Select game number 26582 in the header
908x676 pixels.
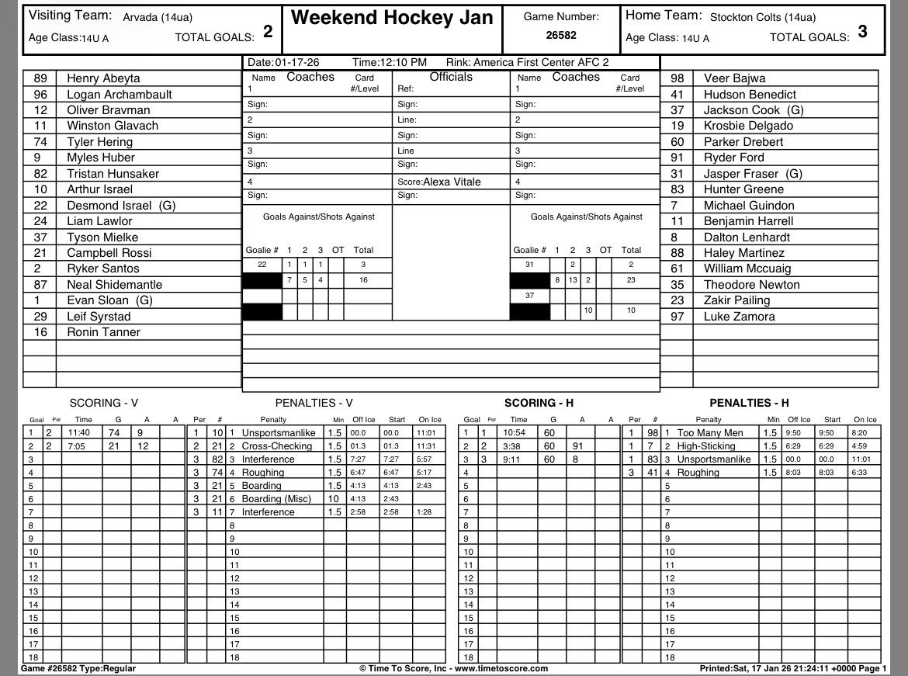560,35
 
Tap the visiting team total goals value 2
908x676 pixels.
268,32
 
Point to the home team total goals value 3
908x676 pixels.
863,32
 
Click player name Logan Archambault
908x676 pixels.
120,95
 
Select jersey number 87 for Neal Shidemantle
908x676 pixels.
40,285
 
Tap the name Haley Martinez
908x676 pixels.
743,253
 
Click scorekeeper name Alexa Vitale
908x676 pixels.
452,182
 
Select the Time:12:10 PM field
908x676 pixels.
389,62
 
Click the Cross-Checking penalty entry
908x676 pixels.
276,446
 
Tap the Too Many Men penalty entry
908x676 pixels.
709,433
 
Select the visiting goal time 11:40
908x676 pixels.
80,433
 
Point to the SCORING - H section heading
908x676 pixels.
539,403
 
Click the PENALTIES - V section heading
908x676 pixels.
314,403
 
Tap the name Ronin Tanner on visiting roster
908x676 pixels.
103,332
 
